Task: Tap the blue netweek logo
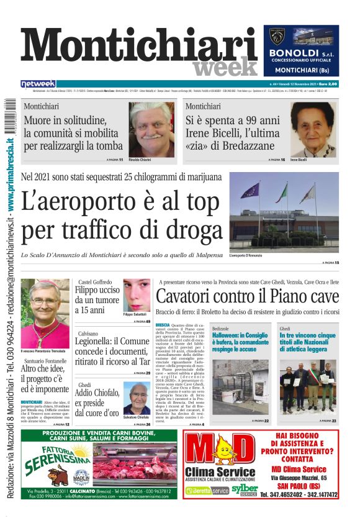pos(38,84)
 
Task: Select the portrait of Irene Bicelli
pos(312,129)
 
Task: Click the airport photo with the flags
pos(284,212)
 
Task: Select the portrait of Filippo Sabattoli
pos(137,298)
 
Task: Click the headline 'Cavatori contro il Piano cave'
pos(247,296)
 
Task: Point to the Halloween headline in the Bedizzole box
pos(240,342)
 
